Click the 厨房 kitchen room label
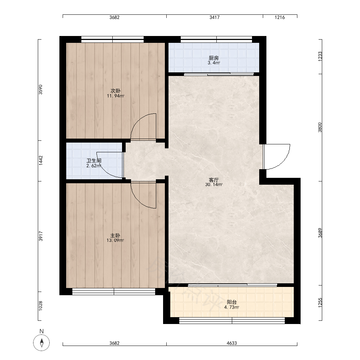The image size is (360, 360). tap(213, 58)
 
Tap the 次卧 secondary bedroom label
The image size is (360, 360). tap(116, 91)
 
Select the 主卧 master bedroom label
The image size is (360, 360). tap(115, 235)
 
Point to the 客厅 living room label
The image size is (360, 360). tap(214, 180)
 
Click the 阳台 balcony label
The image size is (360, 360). tap(231, 302)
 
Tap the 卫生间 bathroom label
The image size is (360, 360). tap(94, 161)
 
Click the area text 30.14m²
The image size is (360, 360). tap(214, 185)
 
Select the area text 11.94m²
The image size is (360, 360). tap(116, 96)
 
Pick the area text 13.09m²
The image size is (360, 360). tap(115, 240)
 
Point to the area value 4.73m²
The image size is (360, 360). tap(231, 307)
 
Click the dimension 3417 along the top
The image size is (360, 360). tap(215, 17)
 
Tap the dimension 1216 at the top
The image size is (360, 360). tap(280, 17)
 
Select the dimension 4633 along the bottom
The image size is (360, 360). tap(231, 343)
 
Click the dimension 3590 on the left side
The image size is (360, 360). tap(40, 90)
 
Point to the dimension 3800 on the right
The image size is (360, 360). tap(320, 127)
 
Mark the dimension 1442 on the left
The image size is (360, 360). tap(41, 161)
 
